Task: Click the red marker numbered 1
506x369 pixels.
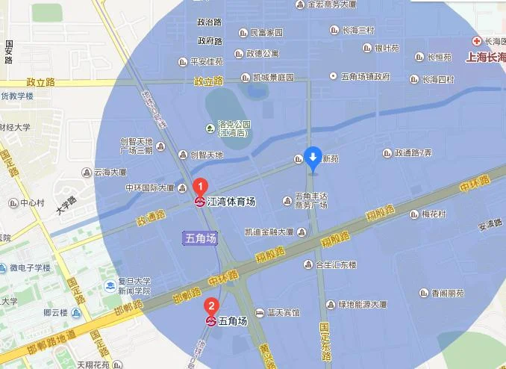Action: tap(200, 186)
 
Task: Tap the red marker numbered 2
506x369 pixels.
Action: tap(212, 306)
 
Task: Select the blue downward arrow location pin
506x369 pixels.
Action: tap(313, 157)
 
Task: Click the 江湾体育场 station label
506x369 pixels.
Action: tap(231, 202)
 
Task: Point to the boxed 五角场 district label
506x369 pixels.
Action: tap(201, 238)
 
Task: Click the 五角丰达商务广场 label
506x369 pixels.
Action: tap(311, 201)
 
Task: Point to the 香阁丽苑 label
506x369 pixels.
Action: tap(444, 293)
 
